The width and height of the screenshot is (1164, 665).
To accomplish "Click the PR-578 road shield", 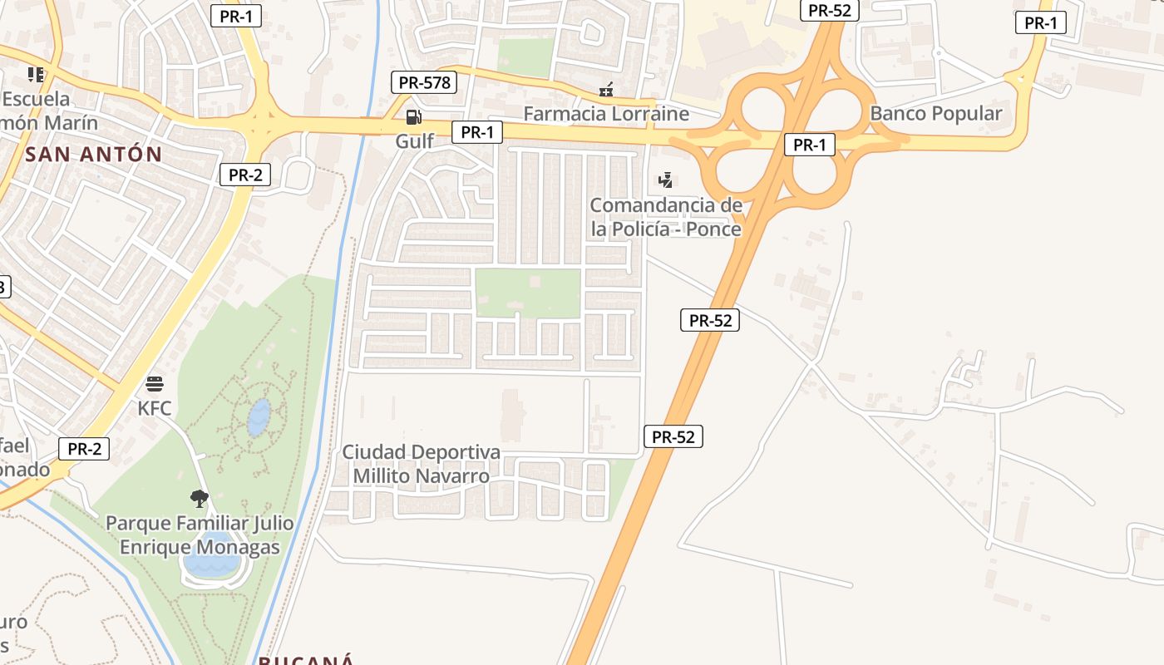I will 424,82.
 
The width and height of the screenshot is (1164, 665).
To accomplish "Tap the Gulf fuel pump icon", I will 413,117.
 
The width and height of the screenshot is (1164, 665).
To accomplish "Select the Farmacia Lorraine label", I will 606,113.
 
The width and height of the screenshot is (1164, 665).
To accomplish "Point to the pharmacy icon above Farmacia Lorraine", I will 606,90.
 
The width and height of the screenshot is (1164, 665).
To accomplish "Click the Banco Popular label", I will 935,113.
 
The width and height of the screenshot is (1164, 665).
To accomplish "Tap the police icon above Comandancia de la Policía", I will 665,180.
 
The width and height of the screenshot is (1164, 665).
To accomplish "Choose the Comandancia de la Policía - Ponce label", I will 665,216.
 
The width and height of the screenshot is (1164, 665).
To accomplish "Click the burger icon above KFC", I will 155,384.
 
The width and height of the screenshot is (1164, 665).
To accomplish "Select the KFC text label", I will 155,408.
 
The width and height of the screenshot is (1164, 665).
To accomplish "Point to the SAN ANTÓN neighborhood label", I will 93,154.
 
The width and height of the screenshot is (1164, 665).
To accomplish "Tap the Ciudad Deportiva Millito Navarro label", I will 422,464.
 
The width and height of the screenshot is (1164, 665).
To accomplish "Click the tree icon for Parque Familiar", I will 199,499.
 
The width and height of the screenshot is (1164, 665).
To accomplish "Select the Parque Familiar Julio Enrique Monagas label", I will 200,535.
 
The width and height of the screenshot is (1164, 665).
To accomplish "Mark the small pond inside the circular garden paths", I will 259,417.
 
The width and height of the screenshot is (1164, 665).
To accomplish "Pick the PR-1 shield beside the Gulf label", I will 477,132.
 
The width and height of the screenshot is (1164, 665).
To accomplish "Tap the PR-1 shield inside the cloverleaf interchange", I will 809,145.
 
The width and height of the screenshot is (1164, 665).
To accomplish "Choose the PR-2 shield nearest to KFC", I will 84,449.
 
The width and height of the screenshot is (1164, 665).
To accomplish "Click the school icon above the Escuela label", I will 36,75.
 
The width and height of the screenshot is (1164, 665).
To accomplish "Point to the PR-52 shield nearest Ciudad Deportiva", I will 673,436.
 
